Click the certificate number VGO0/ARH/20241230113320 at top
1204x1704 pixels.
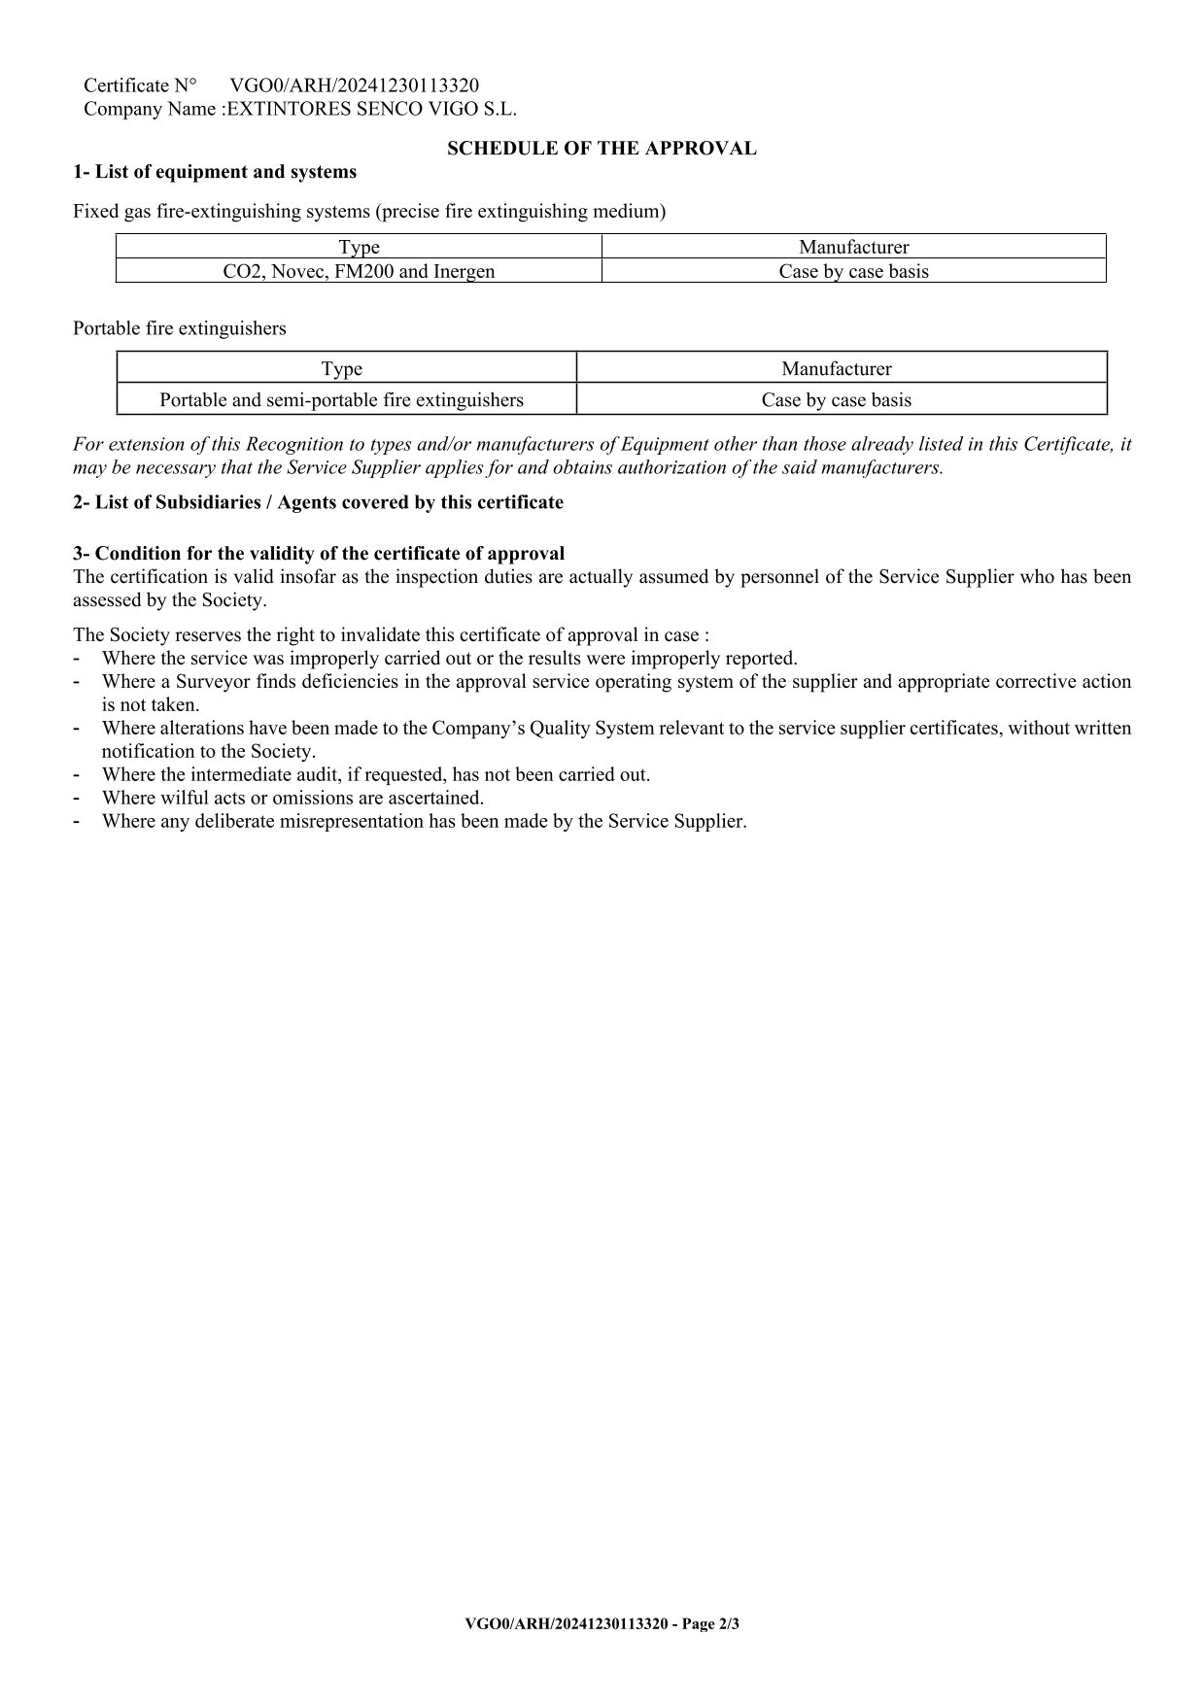pos(354,85)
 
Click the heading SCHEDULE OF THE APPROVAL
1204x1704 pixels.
pos(602,149)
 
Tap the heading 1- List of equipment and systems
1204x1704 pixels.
pos(215,172)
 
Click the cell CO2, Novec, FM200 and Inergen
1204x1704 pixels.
pos(359,271)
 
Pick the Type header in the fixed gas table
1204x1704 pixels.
pos(359,248)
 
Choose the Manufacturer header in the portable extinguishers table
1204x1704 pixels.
pos(836,368)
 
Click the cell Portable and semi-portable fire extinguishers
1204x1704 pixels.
pos(341,399)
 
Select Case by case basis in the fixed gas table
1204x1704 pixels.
pos(853,271)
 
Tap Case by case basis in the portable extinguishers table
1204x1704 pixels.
pos(836,399)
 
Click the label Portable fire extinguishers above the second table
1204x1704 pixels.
pos(180,328)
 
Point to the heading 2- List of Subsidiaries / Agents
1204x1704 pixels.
pos(318,502)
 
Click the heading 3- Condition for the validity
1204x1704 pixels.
pos(319,554)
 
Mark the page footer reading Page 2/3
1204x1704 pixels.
pos(602,1623)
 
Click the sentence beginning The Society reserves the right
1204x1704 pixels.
pos(391,635)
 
